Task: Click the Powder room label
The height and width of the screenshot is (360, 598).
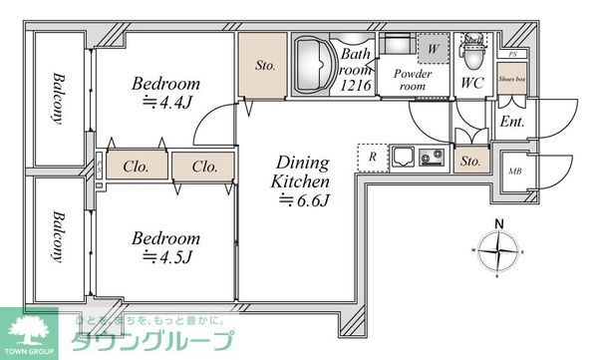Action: click(411, 80)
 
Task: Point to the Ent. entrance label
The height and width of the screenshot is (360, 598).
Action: click(511, 123)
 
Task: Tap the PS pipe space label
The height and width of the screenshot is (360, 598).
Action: click(512, 54)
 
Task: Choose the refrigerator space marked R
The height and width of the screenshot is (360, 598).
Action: click(372, 158)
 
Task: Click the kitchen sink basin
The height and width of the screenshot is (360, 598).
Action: click(406, 157)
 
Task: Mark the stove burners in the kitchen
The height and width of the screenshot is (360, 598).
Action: click(433, 157)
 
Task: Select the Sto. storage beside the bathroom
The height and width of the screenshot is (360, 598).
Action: click(264, 67)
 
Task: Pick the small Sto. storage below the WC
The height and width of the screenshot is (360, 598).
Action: click(470, 161)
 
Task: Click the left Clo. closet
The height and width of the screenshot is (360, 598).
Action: click(137, 166)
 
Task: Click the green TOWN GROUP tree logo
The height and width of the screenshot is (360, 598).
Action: click(33, 330)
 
